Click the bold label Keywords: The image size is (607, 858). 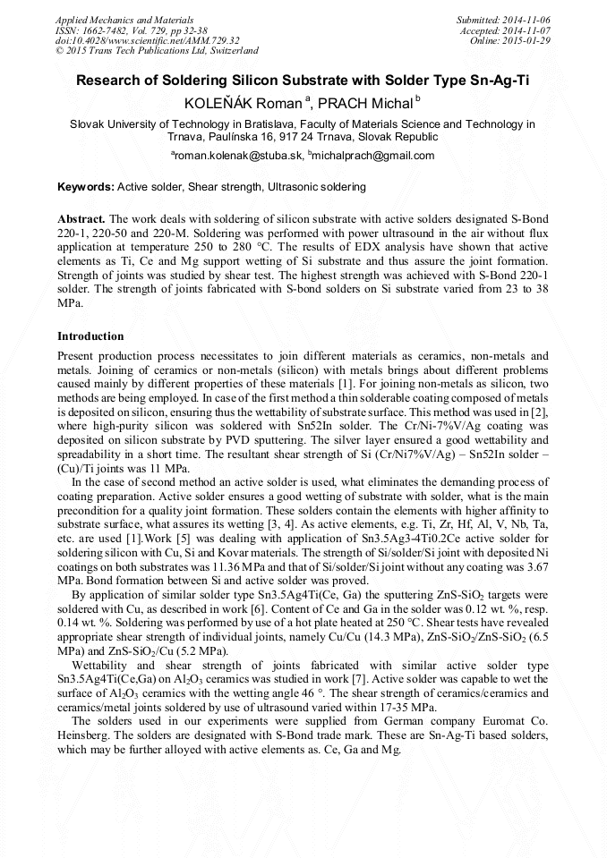click(x=86, y=187)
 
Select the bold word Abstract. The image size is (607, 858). click(x=81, y=219)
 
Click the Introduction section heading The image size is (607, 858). click(x=90, y=336)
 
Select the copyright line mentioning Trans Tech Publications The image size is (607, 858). click(x=157, y=52)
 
